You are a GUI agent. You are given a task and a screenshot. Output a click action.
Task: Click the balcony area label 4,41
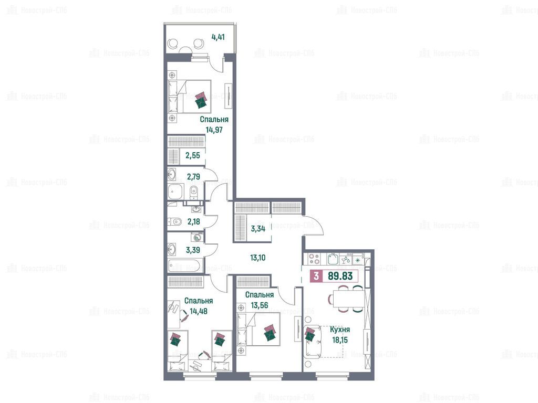(x=218, y=37)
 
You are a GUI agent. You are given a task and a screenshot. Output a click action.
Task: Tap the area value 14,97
(x=214, y=130)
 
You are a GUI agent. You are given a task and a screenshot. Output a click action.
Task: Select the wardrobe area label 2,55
(x=193, y=155)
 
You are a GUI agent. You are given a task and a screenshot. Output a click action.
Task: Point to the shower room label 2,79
(x=193, y=177)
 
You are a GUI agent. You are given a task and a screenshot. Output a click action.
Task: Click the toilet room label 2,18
(x=194, y=222)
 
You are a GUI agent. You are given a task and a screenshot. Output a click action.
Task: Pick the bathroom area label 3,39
(x=193, y=250)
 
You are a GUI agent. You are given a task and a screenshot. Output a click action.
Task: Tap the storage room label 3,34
(x=258, y=229)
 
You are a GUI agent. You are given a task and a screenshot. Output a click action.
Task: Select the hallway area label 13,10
(x=257, y=257)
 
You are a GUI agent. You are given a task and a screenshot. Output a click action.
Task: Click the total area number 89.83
(x=340, y=276)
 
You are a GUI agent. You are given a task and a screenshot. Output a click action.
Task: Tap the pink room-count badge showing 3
(x=316, y=276)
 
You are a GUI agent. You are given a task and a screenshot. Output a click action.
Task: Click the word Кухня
(x=340, y=330)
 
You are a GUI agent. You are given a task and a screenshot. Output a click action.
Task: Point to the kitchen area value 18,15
(x=340, y=340)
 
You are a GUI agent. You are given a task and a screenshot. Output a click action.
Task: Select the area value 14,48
(x=198, y=311)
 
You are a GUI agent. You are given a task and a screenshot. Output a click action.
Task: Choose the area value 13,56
(x=260, y=305)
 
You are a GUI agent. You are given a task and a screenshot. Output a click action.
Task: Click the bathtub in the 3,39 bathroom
(x=184, y=265)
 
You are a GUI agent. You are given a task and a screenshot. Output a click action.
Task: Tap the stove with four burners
(x=314, y=259)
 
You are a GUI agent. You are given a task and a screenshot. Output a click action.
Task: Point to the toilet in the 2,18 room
(x=174, y=222)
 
